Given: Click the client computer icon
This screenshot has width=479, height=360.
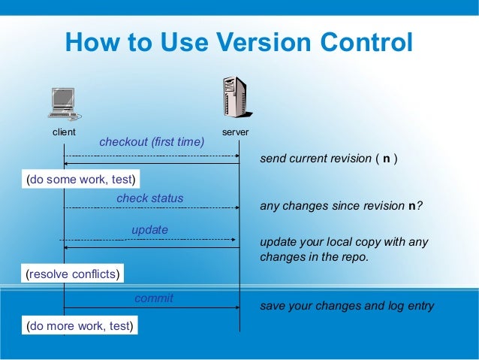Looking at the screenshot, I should [64, 104].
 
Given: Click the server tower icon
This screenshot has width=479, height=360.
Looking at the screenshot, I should [235, 98].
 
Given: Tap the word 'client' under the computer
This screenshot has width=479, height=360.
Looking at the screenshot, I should [64, 132].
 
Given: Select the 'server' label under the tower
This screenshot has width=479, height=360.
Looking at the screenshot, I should [236, 132].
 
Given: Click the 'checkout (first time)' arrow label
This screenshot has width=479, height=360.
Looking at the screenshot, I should [152, 141].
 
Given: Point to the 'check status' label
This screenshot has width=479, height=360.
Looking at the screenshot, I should [149, 198].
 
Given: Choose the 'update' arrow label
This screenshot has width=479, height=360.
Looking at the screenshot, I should [149, 229].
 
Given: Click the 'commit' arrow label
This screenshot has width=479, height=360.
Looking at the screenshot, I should [153, 298].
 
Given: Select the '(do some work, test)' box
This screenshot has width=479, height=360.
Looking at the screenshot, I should [80, 180].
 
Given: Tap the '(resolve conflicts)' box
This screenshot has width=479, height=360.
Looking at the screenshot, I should [72, 274].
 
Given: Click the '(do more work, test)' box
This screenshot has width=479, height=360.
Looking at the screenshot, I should [80, 326].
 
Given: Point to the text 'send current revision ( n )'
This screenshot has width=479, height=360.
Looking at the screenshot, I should [329, 159].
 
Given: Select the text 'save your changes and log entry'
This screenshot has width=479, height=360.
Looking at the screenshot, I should [347, 306].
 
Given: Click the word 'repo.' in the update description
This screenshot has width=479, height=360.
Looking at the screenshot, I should [354, 256].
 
